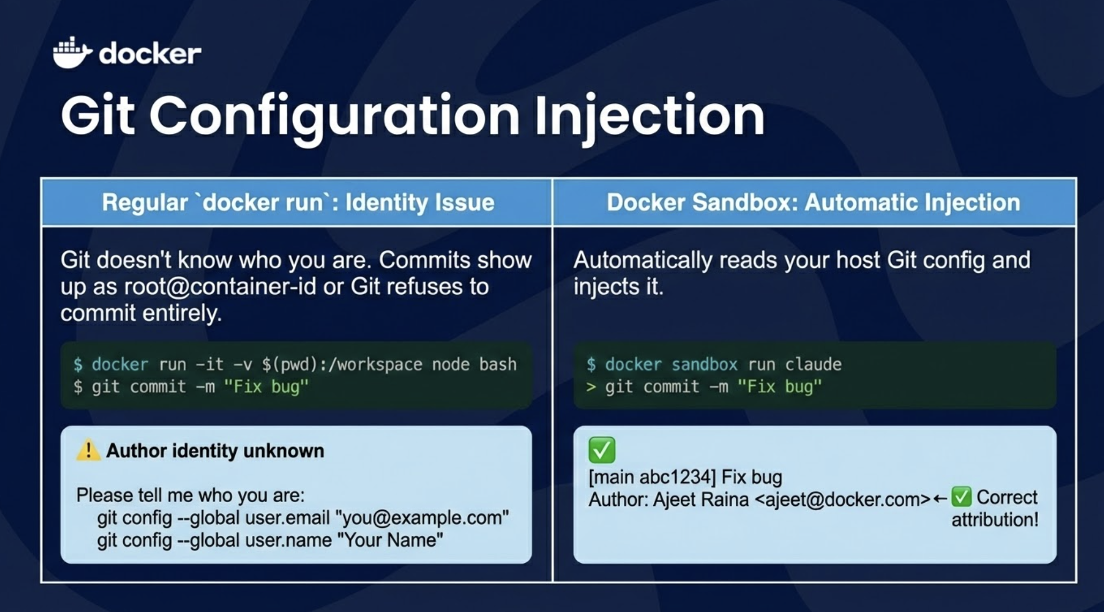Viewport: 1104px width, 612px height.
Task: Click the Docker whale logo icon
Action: click(x=72, y=53)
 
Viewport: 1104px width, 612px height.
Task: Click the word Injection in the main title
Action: click(x=650, y=117)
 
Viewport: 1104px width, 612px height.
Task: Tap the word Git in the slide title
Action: click(x=98, y=115)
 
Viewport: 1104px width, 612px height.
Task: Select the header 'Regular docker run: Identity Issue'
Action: click(x=298, y=203)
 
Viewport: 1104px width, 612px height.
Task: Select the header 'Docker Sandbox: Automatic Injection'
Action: click(x=814, y=203)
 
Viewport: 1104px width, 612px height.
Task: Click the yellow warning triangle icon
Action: click(x=88, y=450)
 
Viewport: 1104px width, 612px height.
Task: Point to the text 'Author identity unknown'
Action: click(x=215, y=451)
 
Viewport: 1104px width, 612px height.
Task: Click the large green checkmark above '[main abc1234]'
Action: click(x=602, y=450)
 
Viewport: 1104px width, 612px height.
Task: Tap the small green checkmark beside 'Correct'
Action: click(x=961, y=497)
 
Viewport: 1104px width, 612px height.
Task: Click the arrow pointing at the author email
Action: click(x=940, y=499)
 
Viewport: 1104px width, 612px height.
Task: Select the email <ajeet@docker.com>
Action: click(x=842, y=499)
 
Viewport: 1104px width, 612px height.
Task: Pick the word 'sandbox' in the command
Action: click(x=704, y=364)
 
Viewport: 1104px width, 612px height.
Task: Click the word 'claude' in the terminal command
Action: click(x=814, y=364)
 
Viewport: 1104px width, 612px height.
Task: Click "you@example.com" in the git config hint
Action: click(x=422, y=518)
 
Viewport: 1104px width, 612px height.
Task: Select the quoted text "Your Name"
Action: click(x=390, y=540)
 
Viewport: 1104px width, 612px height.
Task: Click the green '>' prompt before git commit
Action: click(x=591, y=387)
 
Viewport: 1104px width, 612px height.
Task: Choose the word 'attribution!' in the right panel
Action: click(x=995, y=519)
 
